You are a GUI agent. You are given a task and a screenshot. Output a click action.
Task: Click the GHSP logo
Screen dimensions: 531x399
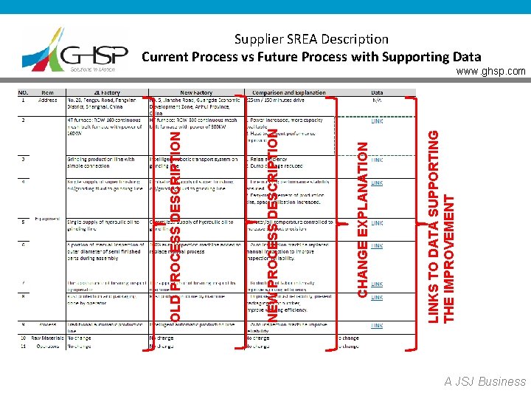pyautogui.click(x=71, y=50)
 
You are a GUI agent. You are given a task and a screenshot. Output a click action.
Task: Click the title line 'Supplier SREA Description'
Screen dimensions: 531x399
pyautogui.click(x=310, y=38)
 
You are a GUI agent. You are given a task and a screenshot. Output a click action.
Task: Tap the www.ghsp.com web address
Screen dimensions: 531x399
pyautogui.click(x=491, y=72)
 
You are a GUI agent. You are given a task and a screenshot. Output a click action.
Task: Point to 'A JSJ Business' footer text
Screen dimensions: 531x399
pyautogui.click(x=485, y=381)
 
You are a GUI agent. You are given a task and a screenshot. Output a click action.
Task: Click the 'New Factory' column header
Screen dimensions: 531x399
pyautogui.click(x=196, y=92)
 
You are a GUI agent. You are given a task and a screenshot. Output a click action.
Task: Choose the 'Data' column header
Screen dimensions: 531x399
pyautogui.click(x=376, y=92)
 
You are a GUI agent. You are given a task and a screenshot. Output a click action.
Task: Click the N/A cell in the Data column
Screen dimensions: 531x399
pyautogui.click(x=376, y=100)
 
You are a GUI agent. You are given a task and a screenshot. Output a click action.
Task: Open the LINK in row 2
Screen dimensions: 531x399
pyautogui.click(x=376, y=121)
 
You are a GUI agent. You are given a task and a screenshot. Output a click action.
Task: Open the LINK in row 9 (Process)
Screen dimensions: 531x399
pyautogui.click(x=376, y=325)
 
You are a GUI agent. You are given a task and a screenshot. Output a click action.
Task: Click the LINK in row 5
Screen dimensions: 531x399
pyautogui.click(x=376, y=222)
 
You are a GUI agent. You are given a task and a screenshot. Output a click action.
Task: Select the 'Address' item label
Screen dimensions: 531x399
pyautogui.click(x=48, y=100)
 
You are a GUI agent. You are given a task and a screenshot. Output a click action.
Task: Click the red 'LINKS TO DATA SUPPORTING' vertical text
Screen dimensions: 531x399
pyautogui.click(x=436, y=225)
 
